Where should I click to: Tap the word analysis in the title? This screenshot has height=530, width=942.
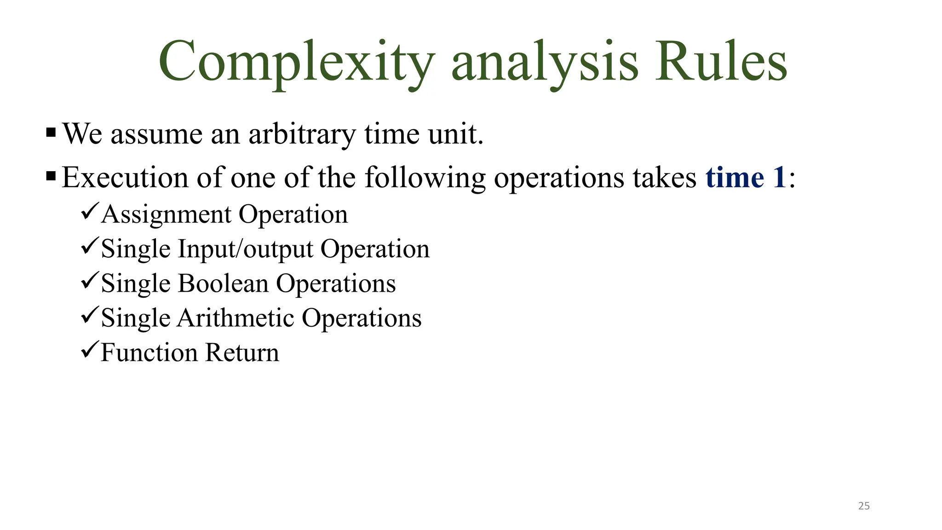pos(545,62)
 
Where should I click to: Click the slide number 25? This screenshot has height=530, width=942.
pos(864,506)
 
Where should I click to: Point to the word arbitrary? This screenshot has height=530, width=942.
pos(302,134)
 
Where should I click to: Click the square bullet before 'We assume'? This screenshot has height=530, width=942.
pos(51,133)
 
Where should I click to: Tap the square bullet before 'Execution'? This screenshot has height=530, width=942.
pos(51,176)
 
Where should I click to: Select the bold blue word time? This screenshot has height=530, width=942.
pos(735,178)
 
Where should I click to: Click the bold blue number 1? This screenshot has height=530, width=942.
pos(779,178)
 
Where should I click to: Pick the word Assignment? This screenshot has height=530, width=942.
pos(167,215)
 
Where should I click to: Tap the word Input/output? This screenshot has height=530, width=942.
pos(246,249)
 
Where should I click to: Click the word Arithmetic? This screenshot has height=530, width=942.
pos(235,318)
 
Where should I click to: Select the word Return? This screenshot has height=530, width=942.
pos(242,353)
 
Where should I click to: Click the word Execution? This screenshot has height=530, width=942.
pos(125,178)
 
